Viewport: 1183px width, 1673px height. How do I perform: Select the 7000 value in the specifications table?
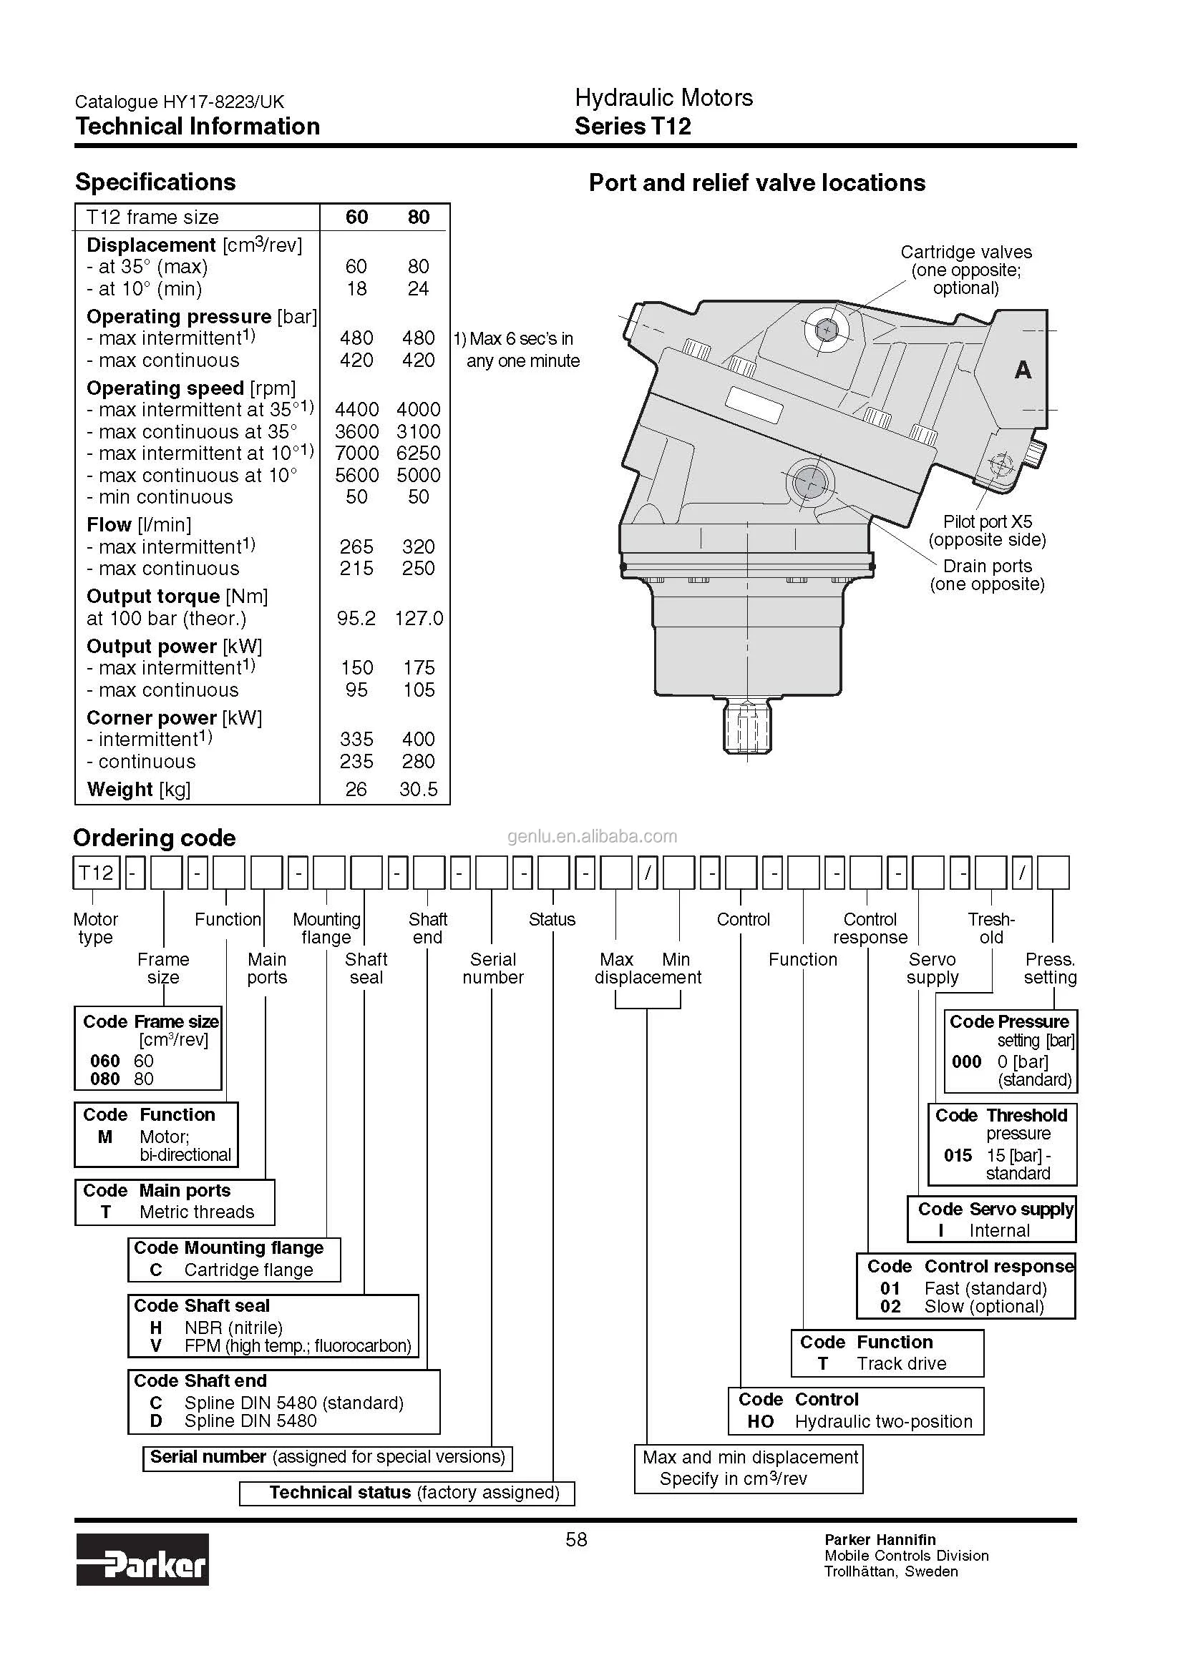tap(356, 453)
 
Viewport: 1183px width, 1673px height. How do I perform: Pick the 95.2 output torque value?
tap(356, 619)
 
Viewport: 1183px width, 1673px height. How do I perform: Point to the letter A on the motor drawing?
tap(1023, 371)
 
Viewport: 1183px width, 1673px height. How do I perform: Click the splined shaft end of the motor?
tap(747, 727)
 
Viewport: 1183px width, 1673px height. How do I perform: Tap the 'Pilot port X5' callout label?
tap(987, 521)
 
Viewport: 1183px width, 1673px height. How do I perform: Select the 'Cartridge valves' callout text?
tap(965, 252)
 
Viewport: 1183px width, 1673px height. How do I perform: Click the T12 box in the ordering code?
tap(96, 873)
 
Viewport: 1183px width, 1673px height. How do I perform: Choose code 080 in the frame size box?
tap(105, 1079)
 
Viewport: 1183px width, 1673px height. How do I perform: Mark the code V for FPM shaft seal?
tap(155, 1346)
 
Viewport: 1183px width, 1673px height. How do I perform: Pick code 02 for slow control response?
tap(890, 1307)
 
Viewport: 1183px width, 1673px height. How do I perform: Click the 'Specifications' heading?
tap(155, 182)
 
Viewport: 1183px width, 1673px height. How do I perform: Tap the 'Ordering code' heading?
tap(155, 838)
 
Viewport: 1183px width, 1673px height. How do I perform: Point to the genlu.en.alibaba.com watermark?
tap(592, 837)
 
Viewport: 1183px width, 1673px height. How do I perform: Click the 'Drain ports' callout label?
tap(987, 566)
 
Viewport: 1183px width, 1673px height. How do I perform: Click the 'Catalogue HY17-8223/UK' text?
tap(180, 102)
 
